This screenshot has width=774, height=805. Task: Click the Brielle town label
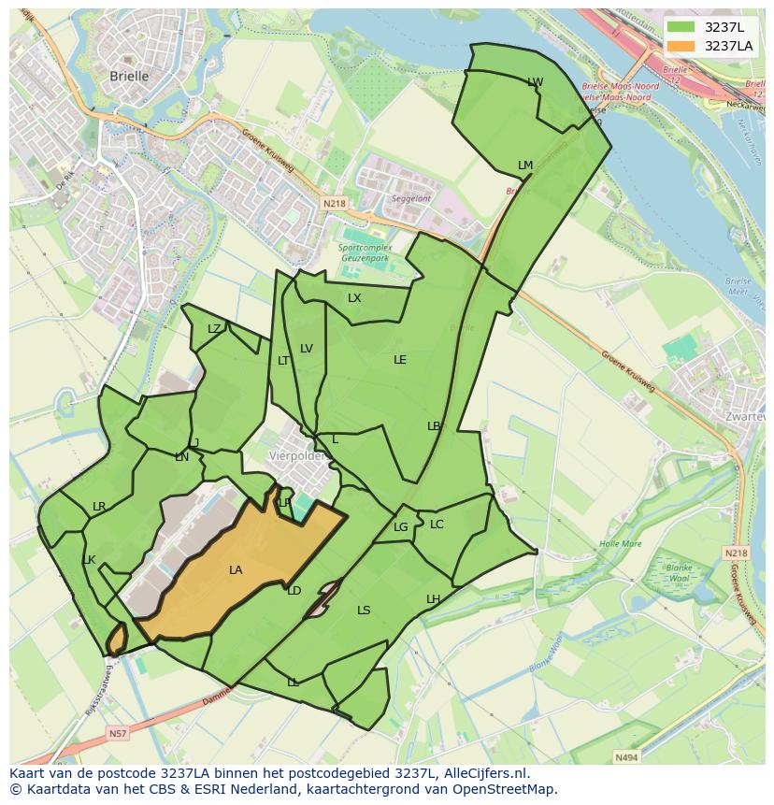tap(129, 77)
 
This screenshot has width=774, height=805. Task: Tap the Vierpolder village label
tap(296, 456)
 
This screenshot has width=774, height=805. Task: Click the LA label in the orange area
tap(236, 569)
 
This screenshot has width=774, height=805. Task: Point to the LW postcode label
tap(535, 82)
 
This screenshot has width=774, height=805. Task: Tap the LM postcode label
tap(525, 165)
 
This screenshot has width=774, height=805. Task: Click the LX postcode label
tap(354, 298)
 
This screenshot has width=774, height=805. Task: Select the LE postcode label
tap(400, 359)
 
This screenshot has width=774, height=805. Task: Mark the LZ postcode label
tap(214, 328)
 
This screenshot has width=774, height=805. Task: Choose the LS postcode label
tap(364, 611)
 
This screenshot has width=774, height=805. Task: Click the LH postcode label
tap(433, 598)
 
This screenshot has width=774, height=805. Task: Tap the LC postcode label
tap(437, 524)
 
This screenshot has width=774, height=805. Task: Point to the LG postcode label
tap(400, 527)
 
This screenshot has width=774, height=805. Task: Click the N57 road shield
tap(117, 734)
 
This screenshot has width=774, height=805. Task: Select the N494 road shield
tap(625, 757)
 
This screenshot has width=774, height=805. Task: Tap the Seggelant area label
tap(411, 198)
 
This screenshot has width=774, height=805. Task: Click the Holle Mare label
tap(621, 543)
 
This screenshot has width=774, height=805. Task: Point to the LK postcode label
tap(89, 560)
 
